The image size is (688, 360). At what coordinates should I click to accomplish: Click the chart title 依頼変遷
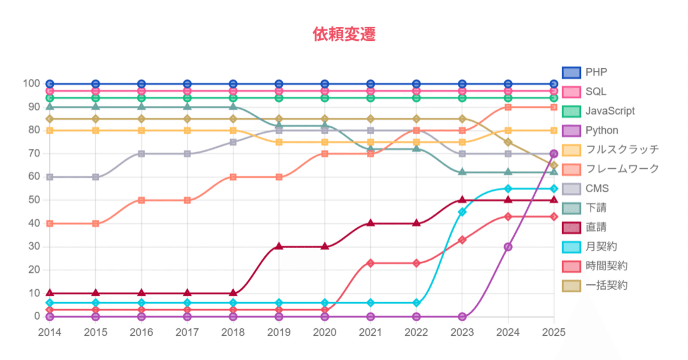pyautogui.click(x=344, y=34)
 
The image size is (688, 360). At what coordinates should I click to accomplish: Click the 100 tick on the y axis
pyautogui.click(x=31, y=84)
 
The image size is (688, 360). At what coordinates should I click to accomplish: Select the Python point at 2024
pyautogui.click(x=508, y=247)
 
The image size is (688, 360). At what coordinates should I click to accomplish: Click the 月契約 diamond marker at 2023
pyautogui.click(x=462, y=212)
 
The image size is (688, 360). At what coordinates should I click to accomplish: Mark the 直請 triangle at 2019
pyautogui.click(x=279, y=247)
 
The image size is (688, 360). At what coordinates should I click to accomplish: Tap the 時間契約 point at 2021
pyautogui.click(x=370, y=263)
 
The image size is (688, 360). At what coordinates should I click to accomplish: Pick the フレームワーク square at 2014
pyautogui.click(x=50, y=224)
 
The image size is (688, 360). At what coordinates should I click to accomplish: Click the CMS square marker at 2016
pyautogui.click(x=141, y=154)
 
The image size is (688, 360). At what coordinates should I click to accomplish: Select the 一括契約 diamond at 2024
pyautogui.click(x=508, y=142)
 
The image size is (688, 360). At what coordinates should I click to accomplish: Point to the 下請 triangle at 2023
pyautogui.click(x=462, y=172)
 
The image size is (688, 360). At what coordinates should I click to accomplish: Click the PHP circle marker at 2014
pyautogui.click(x=50, y=84)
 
